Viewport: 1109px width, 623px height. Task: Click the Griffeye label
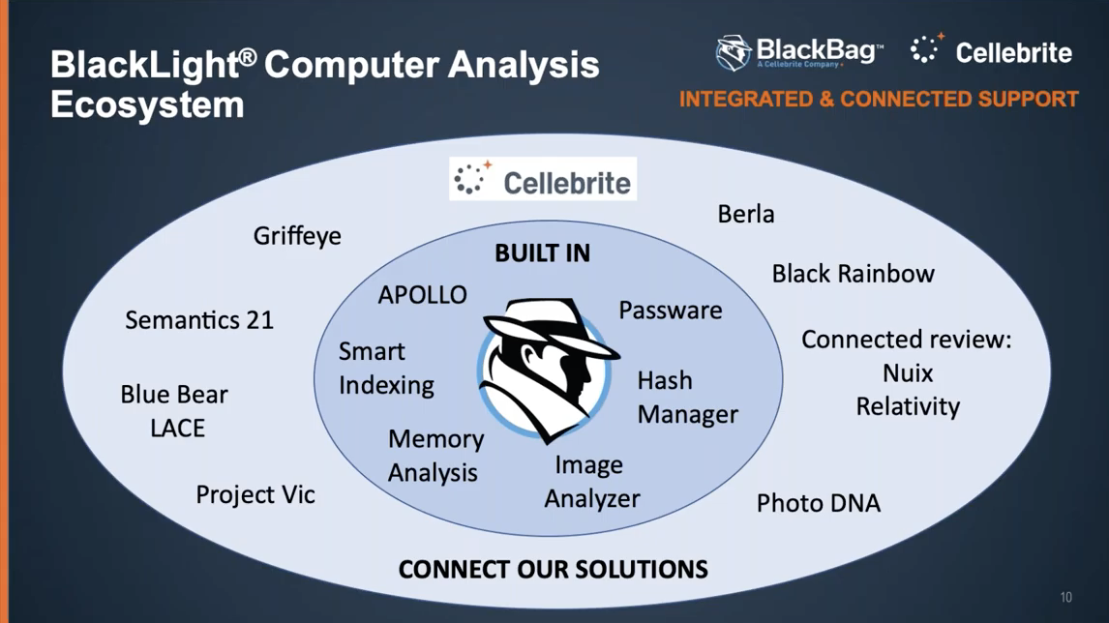[x=297, y=236]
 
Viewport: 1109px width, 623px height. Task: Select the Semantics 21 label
[x=199, y=320]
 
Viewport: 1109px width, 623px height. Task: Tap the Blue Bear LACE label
[x=175, y=410]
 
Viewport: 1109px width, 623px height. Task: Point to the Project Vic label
[x=255, y=494]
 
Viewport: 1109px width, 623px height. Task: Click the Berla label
[x=745, y=214]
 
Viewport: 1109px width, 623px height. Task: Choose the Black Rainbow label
[x=853, y=274]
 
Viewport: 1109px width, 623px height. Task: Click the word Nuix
[x=907, y=372]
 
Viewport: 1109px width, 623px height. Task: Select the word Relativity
[x=907, y=405]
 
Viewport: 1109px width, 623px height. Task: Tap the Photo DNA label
[x=818, y=503]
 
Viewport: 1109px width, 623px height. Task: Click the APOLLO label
[x=422, y=294]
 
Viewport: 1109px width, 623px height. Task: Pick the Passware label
[x=670, y=310]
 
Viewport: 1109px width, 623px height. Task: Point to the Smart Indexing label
[x=385, y=368]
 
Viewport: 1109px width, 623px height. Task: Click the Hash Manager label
[x=686, y=397]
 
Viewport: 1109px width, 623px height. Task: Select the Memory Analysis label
[x=435, y=455]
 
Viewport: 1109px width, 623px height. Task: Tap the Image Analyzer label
[x=591, y=482]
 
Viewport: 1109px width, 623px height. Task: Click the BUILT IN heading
[x=542, y=253]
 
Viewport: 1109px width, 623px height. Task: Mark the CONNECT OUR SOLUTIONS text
[x=553, y=568]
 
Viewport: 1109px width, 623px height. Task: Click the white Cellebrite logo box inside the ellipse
[x=542, y=179]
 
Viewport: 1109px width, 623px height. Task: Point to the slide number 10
[x=1065, y=597]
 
